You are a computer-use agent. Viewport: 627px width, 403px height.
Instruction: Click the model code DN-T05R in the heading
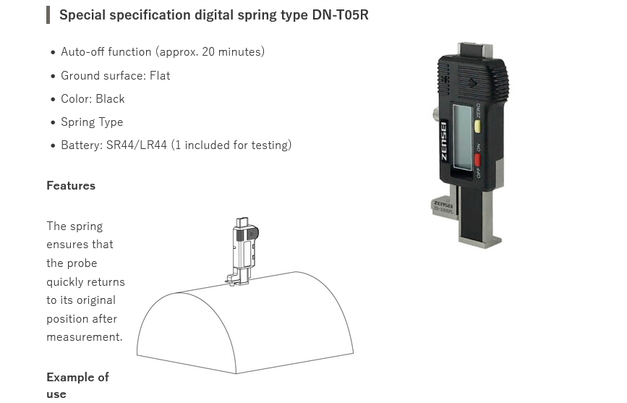click(341, 14)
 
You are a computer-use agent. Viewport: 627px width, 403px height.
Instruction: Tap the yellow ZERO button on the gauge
click(477, 126)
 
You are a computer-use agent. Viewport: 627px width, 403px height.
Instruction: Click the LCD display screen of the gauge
click(463, 137)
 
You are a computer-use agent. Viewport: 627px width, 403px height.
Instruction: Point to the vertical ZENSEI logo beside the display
click(444, 141)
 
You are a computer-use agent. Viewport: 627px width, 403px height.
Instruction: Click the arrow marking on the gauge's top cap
click(472, 83)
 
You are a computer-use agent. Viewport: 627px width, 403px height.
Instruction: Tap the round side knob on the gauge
click(435, 114)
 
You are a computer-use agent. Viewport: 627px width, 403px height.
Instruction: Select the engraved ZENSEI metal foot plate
click(443, 207)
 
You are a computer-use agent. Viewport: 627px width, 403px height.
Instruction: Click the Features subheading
click(71, 186)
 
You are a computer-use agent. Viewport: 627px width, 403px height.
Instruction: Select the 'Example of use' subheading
click(77, 386)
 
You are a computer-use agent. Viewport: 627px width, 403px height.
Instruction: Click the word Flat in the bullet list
click(160, 76)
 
